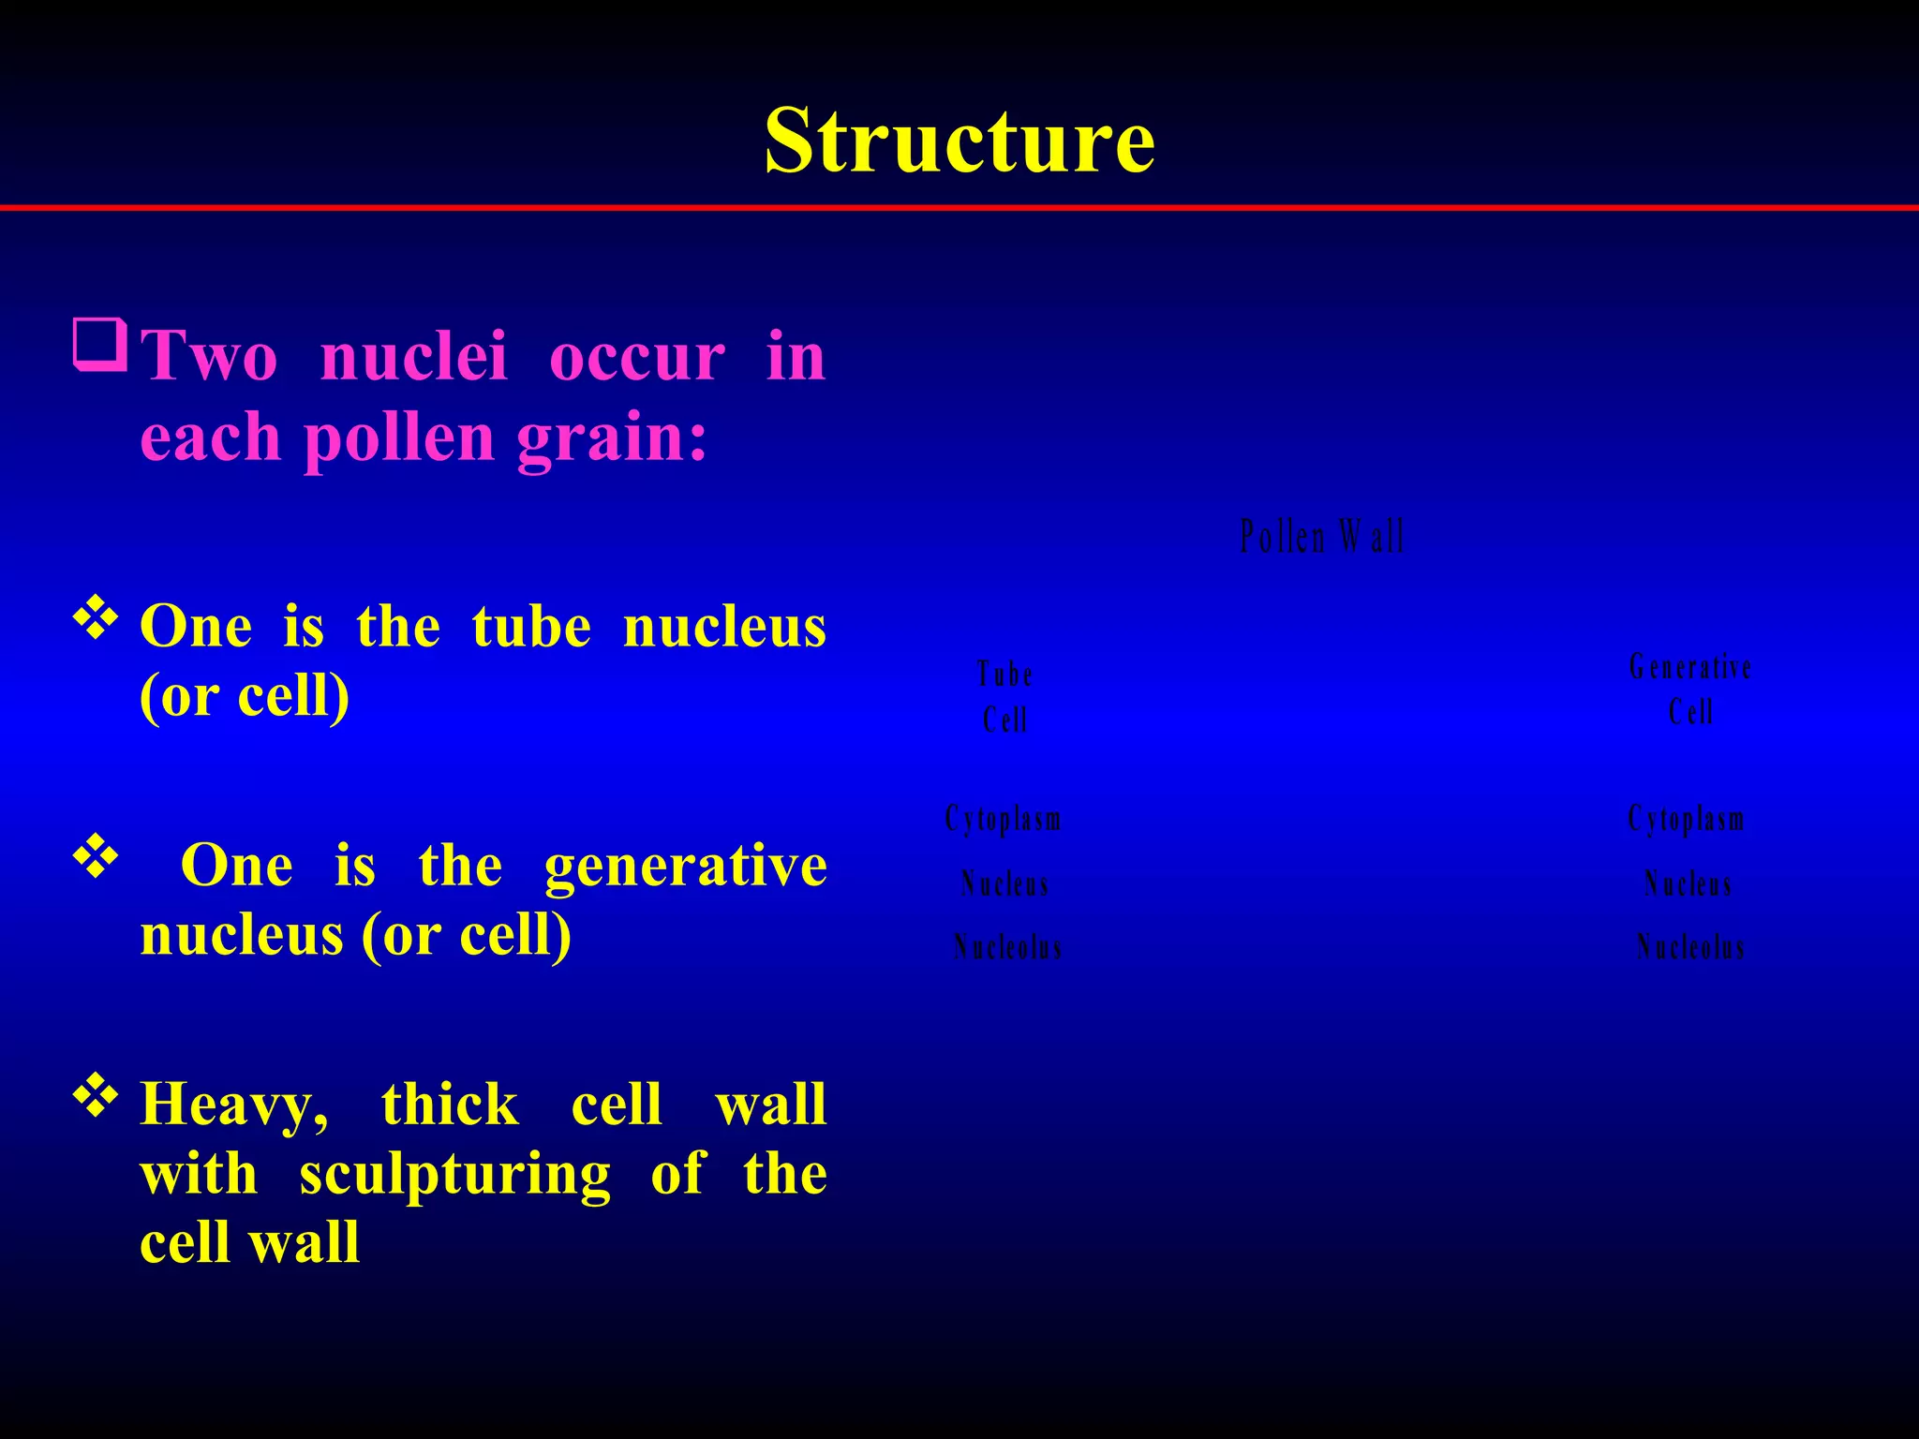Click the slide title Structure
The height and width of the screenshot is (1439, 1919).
pyautogui.click(x=959, y=141)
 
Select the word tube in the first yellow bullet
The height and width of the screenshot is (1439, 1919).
pyautogui.click(x=531, y=626)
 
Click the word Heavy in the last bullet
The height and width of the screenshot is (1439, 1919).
pyautogui.click(x=233, y=1105)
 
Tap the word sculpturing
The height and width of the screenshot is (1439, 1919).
pyautogui.click(x=454, y=1174)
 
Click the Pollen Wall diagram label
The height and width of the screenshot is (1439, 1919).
pyautogui.click(x=1322, y=537)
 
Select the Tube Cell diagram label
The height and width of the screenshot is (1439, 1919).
pyautogui.click(x=1004, y=697)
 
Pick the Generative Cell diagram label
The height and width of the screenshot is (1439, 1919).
pyautogui.click(x=1690, y=690)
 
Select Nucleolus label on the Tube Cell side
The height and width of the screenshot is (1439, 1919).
pyautogui.click(x=1008, y=947)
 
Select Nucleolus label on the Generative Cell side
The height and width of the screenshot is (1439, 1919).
pyautogui.click(x=1690, y=947)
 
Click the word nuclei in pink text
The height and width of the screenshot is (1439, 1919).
pyautogui.click(x=413, y=357)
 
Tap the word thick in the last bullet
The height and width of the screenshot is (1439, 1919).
pyautogui.click(x=450, y=1105)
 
